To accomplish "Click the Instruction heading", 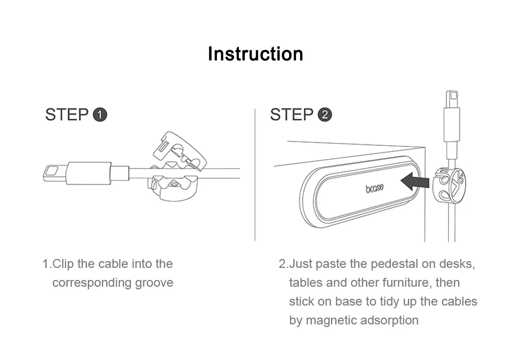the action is pyautogui.click(x=255, y=54).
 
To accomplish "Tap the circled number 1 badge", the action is pyautogui.click(x=99, y=115).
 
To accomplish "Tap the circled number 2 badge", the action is pyautogui.click(x=324, y=115).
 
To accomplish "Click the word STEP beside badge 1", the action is pyautogui.click(x=66, y=115).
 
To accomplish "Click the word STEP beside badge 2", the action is pyautogui.click(x=291, y=115).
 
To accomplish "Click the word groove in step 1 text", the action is pyautogui.click(x=154, y=283).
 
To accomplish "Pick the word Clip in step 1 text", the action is pyautogui.click(x=63, y=264).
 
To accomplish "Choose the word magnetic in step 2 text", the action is pyautogui.click(x=328, y=320).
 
